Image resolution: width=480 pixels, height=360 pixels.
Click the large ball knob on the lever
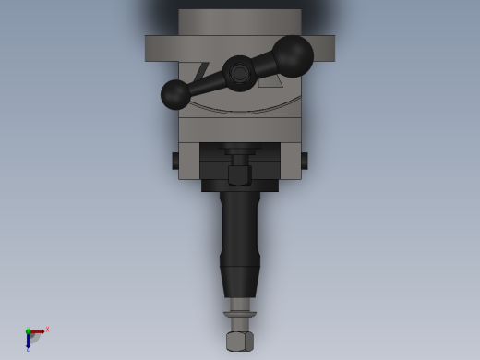(x=293, y=56)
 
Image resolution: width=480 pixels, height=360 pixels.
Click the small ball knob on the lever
(x=175, y=94)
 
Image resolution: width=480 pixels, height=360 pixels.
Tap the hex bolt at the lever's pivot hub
(x=240, y=73)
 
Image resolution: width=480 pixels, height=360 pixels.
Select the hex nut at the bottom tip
(x=240, y=341)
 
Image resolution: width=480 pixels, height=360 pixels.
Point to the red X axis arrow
(x=38, y=331)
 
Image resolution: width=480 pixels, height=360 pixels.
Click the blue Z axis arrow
(x=28, y=341)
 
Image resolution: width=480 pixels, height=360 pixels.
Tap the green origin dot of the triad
(x=28, y=331)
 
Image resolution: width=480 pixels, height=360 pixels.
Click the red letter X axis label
(x=47, y=329)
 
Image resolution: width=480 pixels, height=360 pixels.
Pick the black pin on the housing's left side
(x=174, y=161)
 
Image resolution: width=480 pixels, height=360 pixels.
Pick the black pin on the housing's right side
(x=305, y=161)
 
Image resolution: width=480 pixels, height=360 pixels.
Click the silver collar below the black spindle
(x=240, y=306)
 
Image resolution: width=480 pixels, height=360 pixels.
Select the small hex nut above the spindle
(x=240, y=174)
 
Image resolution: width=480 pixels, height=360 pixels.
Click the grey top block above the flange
(x=240, y=22)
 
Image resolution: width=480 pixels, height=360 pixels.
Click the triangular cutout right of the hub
(x=271, y=81)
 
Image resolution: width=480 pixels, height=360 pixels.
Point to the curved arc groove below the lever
(x=240, y=110)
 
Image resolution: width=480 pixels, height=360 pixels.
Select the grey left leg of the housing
(x=188, y=161)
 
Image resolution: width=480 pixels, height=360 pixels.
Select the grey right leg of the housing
(x=291, y=161)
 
